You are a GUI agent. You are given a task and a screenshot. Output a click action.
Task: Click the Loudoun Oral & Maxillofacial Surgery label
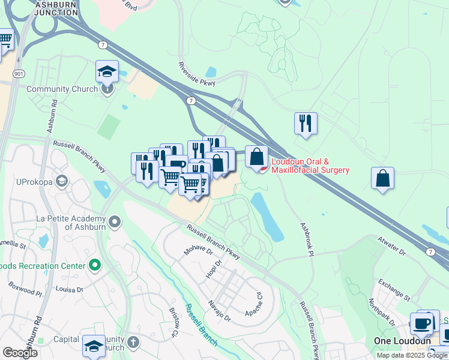pyautogui.click(x=310, y=166)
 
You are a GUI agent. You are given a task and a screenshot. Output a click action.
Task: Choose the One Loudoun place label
pyautogui.click(x=402, y=340)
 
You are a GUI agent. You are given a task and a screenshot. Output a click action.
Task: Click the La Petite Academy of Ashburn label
pyautogui.click(x=71, y=222)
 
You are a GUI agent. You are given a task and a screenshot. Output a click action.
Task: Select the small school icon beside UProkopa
pyautogui.click(x=61, y=181)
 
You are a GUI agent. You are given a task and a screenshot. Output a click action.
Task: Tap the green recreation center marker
pyautogui.click(x=94, y=265)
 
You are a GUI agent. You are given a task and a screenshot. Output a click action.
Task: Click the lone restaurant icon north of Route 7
pyautogui.click(x=306, y=124)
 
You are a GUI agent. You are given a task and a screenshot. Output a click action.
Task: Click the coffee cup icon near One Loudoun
pyautogui.click(x=421, y=324)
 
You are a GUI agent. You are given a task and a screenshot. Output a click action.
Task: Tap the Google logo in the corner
pyautogui.click(x=20, y=353)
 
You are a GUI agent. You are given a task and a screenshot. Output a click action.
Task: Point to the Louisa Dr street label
pyautogui.click(x=68, y=289)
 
